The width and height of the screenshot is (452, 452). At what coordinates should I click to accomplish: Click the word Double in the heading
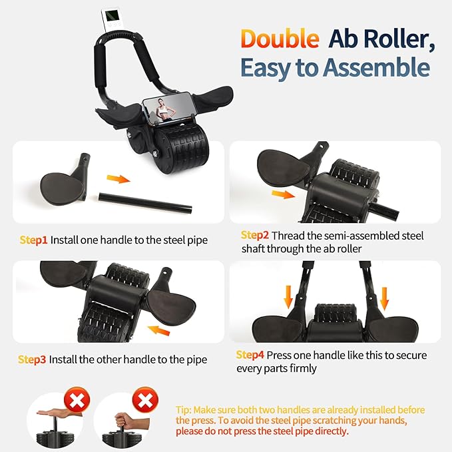tap(280, 39)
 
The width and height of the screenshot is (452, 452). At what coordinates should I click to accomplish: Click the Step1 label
tap(33, 240)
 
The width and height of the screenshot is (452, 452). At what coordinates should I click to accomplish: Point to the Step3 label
tap(32, 359)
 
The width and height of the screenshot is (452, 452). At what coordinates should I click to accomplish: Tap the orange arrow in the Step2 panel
tap(284, 194)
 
